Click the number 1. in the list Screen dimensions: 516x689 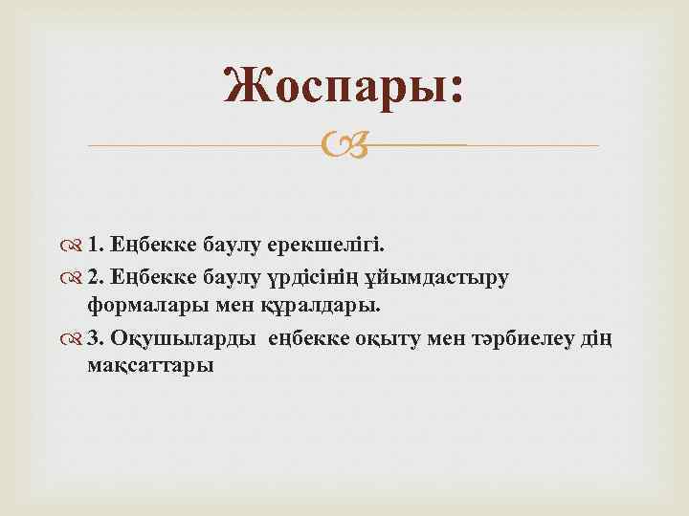tap(97, 245)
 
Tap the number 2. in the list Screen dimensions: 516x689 tap(97, 276)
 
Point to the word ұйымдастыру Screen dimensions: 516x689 tap(441, 277)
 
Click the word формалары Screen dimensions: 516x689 tap(143, 307)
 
